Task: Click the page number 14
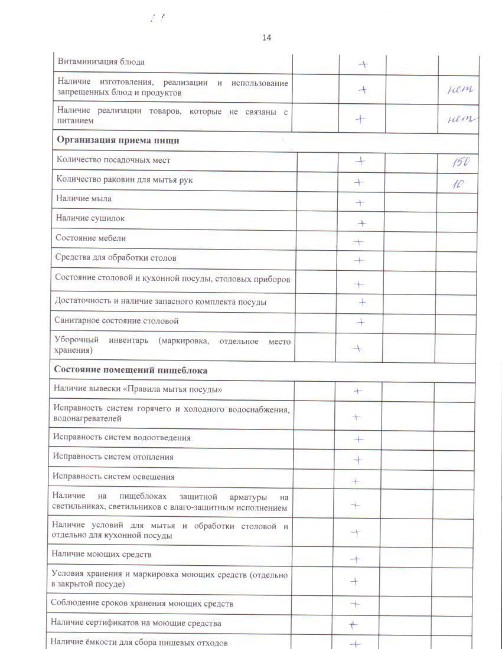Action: [266, 38]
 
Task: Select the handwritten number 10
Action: [458, 183]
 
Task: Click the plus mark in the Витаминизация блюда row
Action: [364, 64]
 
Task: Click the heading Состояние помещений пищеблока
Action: [131, 371]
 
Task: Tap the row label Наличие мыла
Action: [84, 199]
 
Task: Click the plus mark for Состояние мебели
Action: [358, 241]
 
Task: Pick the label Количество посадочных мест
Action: [113, 160]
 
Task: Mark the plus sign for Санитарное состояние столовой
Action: [359, 322]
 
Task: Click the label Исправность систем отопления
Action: [113, 457]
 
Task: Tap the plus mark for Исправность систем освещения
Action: [356, 481]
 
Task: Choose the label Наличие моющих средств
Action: [102, 555]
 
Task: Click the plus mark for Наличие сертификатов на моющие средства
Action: [353, 625]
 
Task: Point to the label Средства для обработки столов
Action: [116, 258]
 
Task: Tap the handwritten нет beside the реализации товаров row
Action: [462, 118]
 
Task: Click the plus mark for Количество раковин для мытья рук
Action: [358, 182]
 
